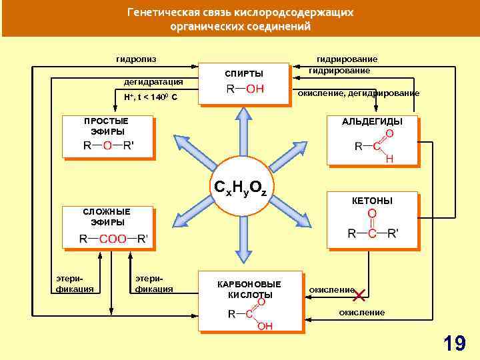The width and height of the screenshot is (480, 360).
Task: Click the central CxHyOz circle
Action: [239, 189]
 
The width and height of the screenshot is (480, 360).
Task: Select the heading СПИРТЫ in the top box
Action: [244, 73]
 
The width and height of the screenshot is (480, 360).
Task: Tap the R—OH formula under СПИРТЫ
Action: [245, 89]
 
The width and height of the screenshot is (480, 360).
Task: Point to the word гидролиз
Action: [137, 59]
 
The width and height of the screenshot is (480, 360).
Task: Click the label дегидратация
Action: [153, 82]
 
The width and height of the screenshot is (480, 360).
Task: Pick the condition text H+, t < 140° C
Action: [150, 97]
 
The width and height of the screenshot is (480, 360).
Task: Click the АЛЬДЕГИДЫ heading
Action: [372, 121]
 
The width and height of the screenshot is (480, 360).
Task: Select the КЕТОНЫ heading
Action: [372, 200]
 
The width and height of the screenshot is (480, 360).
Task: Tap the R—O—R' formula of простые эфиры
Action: [109, 146]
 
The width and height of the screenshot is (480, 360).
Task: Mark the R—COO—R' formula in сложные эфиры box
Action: [114, 238]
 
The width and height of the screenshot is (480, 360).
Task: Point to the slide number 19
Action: [455, 343]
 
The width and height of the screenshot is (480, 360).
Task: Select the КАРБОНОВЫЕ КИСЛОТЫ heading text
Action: [249, 289]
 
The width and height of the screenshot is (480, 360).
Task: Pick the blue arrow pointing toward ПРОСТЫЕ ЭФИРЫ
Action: [190, 148]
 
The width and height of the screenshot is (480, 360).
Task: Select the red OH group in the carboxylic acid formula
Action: [265, 325]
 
